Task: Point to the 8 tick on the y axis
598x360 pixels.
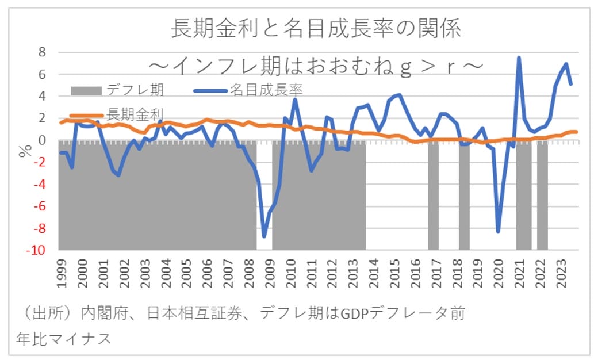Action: (41, 52)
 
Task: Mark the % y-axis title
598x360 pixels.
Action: (25, 151)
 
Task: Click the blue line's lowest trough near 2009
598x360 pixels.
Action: (264, 236)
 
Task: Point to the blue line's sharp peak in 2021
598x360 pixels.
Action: (519, 58)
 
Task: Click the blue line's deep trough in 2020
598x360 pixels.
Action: (498, 232)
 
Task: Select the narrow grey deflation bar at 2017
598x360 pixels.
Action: (433, 196)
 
